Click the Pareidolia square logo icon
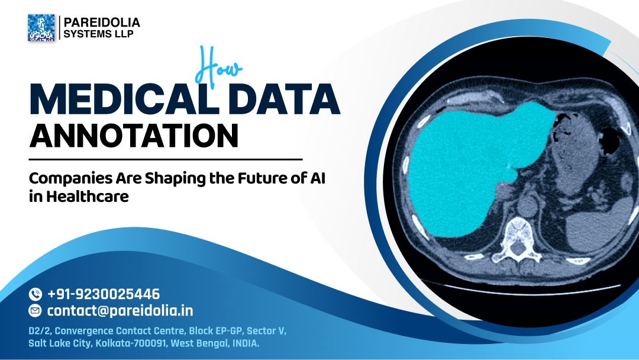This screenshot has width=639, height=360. pyautogui.click(x=41, y=28)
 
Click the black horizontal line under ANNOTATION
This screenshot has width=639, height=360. pyautogui.click(x=166, y=159)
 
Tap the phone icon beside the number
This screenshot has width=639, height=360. pyautogui.click(x=35, y=294)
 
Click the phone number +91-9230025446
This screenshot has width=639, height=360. pyautogui.click(x=104, y=294)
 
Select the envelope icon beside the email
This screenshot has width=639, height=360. pyautogui.click(x=35, y=310)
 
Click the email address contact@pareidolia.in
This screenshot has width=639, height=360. pyautogui.click(x=120, y=310)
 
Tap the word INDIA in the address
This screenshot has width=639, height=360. pyautogui.click(x=244, y=343)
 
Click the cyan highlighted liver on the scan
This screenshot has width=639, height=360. pyautogui.click(x=467, y=166)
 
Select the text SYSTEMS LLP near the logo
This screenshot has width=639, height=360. pyautogui.click(x=99, y=34)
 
